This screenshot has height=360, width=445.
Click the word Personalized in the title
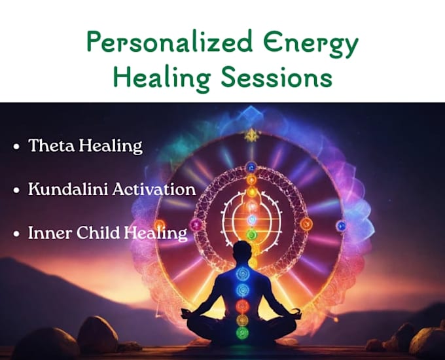click(x=169, y=42)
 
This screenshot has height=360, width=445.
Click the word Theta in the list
click(x=52, y=145)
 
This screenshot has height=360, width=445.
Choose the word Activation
click(x=154, y=189)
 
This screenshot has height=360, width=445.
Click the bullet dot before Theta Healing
click(x=17, y=147)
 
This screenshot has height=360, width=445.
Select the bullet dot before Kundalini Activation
click(x=17, y=190)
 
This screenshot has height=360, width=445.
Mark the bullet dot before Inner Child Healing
click(x=17, y=234)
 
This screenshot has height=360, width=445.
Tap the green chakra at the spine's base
click(x=242, y=332)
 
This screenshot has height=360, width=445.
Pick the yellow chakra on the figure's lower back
click(x=242, y=319)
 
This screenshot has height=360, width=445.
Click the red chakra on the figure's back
click(x=242, y=306)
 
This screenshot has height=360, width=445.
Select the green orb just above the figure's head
click(x=251, y=234)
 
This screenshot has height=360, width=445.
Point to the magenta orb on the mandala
click(x=196, y=225)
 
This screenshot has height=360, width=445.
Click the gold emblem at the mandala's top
click(x=251, y=135)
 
